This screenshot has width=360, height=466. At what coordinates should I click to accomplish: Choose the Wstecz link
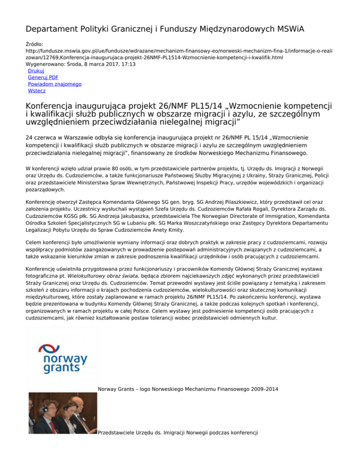[37, 90]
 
